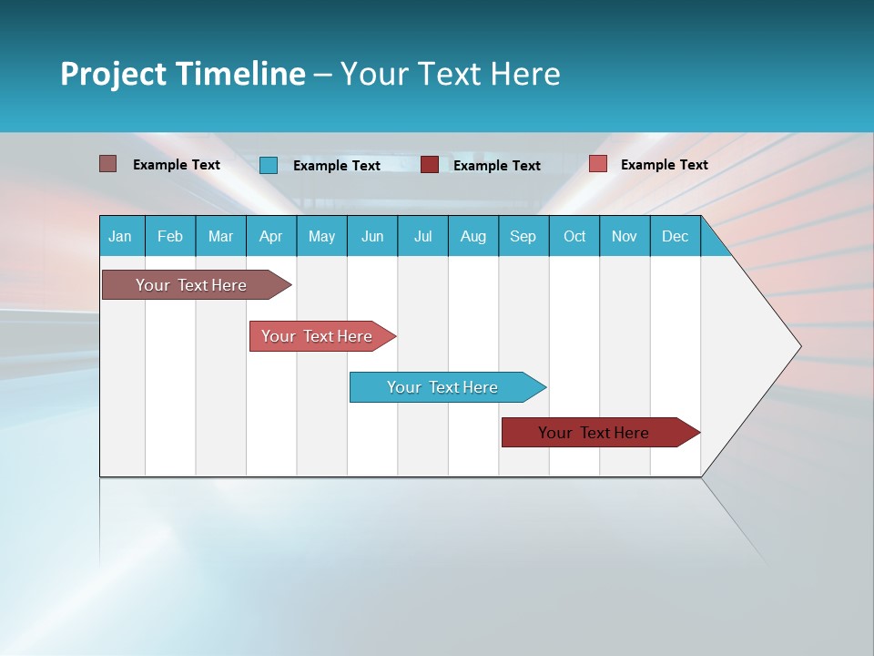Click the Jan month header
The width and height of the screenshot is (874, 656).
(120, 237)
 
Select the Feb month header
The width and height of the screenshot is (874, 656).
(170, 237)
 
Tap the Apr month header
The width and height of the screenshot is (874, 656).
(270, 237)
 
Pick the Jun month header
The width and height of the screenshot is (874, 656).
(372, 237)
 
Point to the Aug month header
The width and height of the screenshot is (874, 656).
(473, 237)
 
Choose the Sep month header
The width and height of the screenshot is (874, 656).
(523, 237)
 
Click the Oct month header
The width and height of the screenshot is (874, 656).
(574, 237)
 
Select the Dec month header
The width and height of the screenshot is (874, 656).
(675, 237)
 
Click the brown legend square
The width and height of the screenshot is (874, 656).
(107, 164)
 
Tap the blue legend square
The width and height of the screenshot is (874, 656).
(269, 165)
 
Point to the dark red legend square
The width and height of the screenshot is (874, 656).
(430, 165)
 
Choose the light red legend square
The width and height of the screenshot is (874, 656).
(597, 164)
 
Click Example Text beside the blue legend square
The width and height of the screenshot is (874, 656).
(336, 166)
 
